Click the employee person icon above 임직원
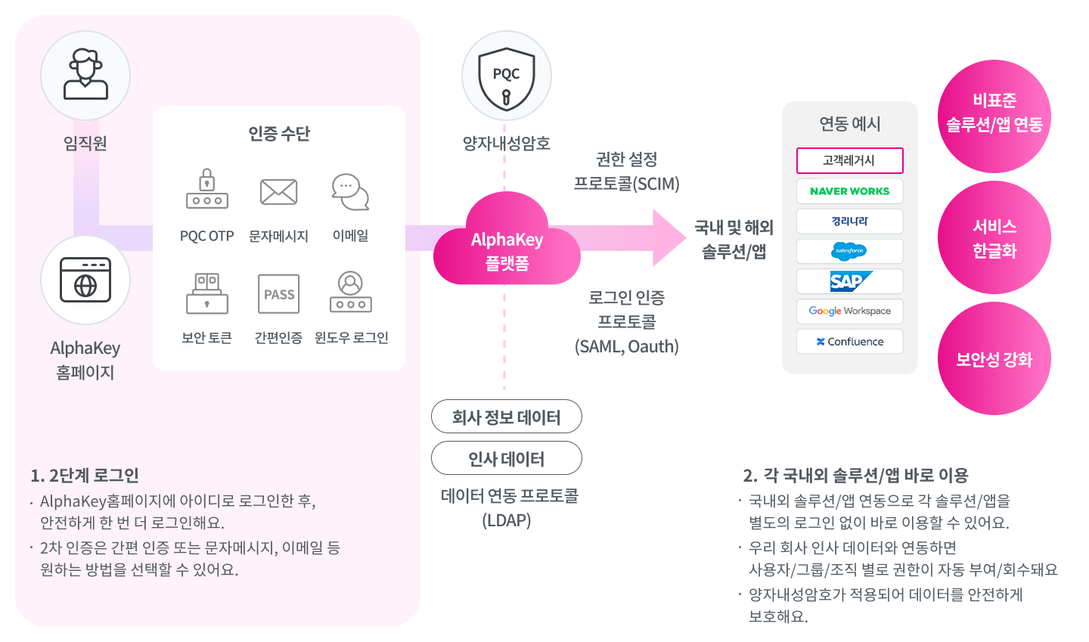tap(85, 76)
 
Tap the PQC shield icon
tap(506, 76)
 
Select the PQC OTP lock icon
tap(207, 190)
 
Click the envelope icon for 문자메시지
tap(278, 192)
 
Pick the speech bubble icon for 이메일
tap(350, 192)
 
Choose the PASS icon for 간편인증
tap(278, 294)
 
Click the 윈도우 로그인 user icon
tap(350, 293)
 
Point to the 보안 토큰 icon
tap(207, 293)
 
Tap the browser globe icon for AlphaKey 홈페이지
tap(85, 281)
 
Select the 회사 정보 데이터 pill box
tap(507, 417)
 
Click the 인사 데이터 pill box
tap(507, 458)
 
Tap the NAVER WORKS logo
tap(849, 191)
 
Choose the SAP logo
tap(850, 281)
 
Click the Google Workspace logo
tap(849, 311)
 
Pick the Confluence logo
tap(849, 342)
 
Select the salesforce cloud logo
tap(849, 251)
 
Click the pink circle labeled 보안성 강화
tap(994, 358)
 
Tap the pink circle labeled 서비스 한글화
tap(994, 238)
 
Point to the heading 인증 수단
tap(279, 134)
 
